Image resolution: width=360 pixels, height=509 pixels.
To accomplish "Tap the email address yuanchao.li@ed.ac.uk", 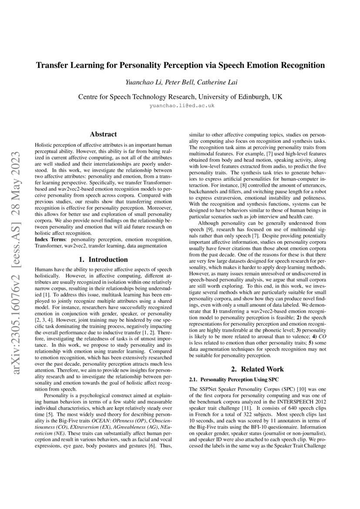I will tap(180, 105).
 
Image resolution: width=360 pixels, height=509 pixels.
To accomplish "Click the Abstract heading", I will tap(103, 135).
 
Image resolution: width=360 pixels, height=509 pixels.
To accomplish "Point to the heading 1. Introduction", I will tap(103, 260).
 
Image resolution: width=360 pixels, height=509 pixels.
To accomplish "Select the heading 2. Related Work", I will tap(257, 369).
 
